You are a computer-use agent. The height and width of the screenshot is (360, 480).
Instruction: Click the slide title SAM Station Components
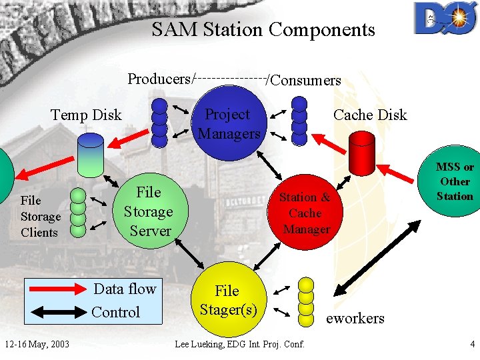coord(263,30)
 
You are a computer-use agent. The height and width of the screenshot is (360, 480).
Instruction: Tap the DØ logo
coord(444,19)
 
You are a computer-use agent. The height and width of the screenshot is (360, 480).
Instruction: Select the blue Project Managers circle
coord(229,125)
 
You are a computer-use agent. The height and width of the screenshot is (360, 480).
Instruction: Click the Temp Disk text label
coord(86,115)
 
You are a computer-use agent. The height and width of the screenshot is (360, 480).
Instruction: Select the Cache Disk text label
coord(370,115)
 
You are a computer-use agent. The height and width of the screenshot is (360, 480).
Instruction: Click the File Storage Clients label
coord(40,217)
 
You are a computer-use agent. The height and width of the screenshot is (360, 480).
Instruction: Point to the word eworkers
coord(355,319)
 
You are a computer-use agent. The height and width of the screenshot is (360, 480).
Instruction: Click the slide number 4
coord(472,344)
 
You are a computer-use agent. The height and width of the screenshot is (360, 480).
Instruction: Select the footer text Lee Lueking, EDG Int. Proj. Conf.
coord(239,344)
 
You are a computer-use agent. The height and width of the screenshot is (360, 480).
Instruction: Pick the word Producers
coord(159,79)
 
